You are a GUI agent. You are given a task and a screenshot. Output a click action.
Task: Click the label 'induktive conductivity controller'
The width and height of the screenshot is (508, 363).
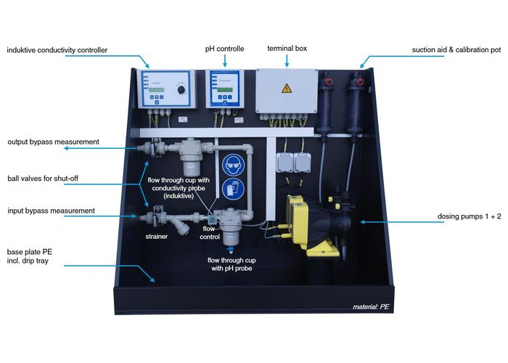[x=57, y=50]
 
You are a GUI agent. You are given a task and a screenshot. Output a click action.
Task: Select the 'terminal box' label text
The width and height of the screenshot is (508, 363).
[x=288, y=49]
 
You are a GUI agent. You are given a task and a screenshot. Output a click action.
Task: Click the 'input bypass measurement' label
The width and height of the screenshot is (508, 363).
[x=52, y=211]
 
